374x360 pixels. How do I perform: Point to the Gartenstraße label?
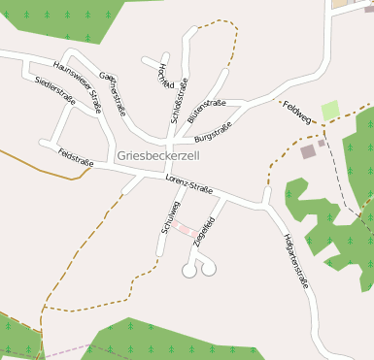point(113,93)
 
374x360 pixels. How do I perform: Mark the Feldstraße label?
point(76,156)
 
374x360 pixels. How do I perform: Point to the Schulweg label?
point(171,216)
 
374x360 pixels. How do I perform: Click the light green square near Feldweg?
point(330,110)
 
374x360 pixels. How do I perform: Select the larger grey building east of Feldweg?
point(308,151)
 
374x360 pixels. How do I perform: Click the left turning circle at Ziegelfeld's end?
point(188,272)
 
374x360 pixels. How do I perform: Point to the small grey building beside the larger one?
point(322,143)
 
